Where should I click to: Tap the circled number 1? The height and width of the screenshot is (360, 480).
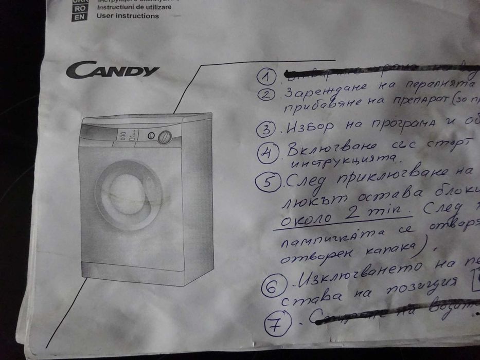tap(266, 77)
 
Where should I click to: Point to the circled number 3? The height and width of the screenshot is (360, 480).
tap(267, 129)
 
